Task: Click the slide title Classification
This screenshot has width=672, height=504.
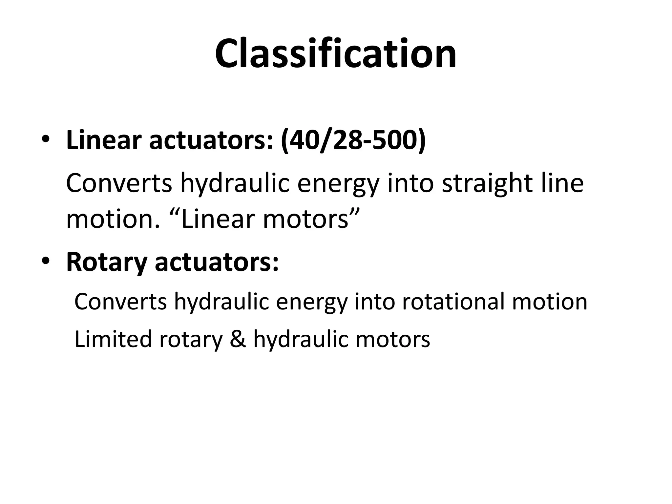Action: [336, 53]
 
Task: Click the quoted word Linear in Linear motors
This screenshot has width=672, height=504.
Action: [218, 219]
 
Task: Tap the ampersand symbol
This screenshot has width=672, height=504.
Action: [238, 339]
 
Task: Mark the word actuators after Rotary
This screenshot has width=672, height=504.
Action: [217, 262]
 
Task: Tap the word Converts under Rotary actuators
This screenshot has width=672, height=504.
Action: [121, 301]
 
